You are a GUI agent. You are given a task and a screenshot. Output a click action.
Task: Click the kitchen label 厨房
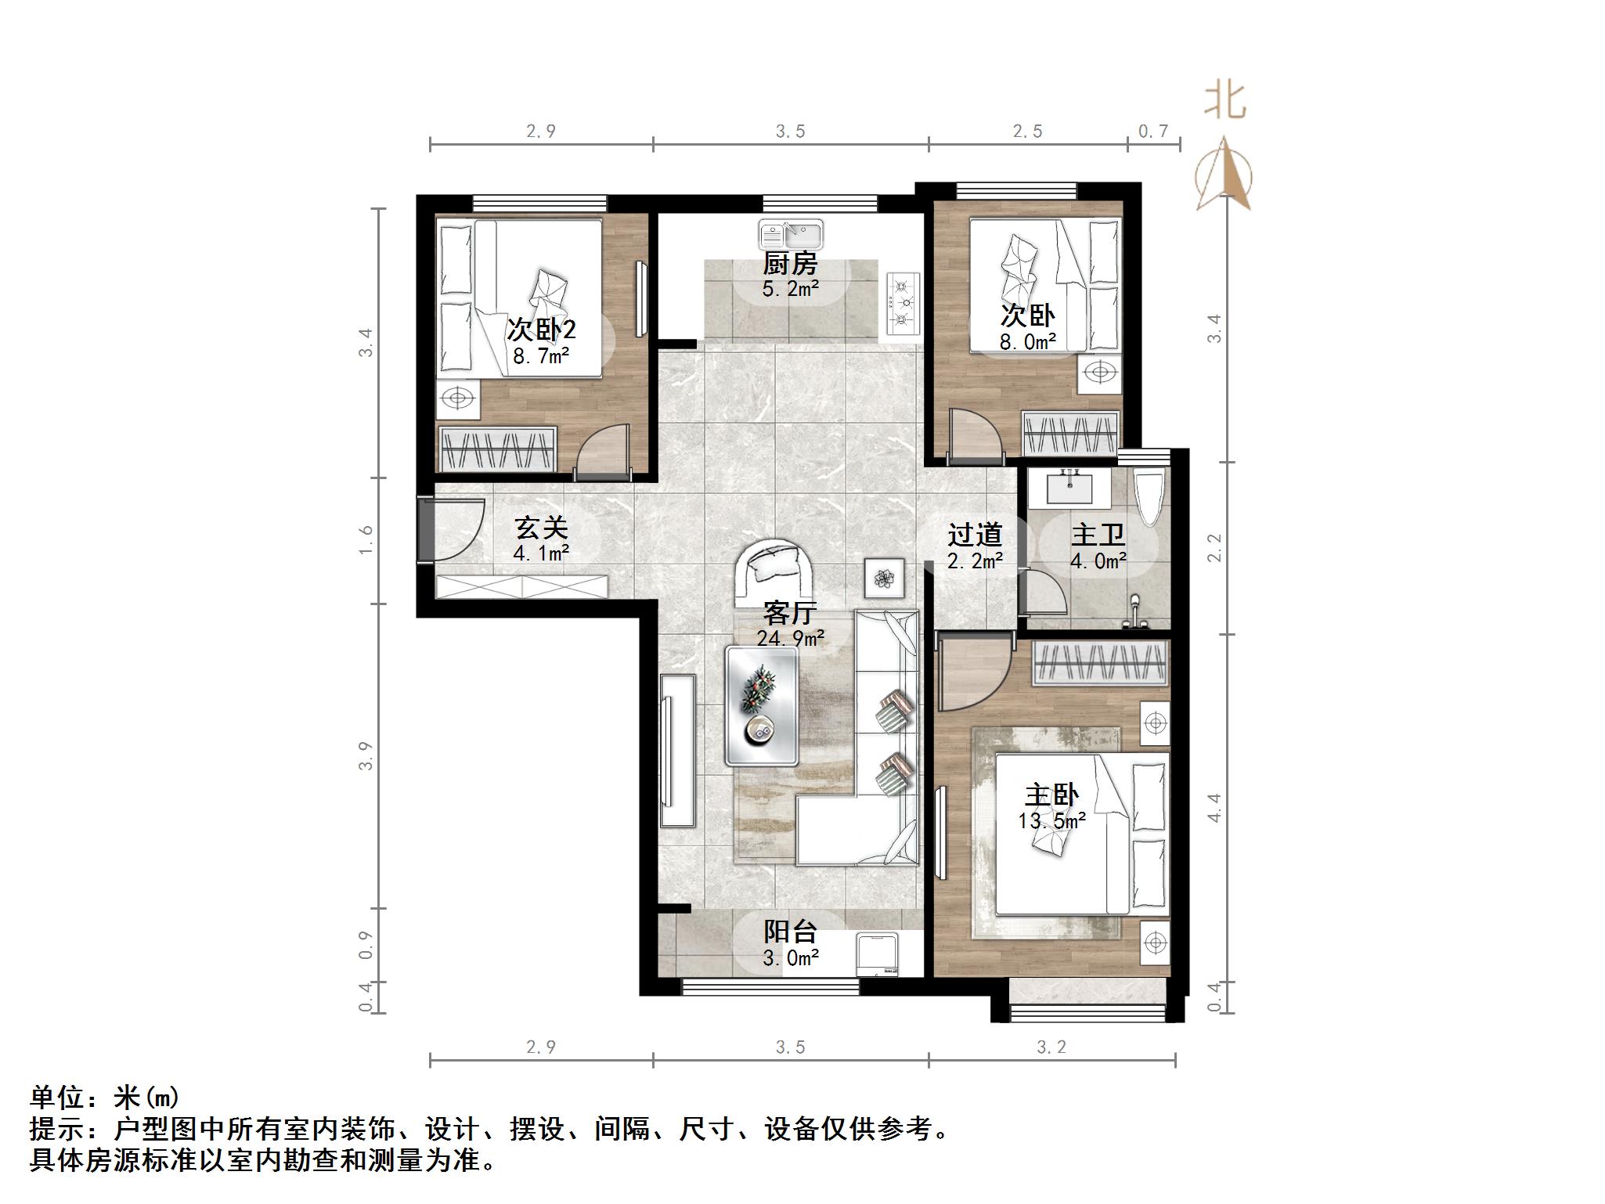790,263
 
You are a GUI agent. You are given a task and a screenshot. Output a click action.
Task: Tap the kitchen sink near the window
791,233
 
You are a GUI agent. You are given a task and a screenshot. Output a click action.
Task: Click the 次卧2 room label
541,329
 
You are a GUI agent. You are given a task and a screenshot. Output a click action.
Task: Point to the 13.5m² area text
1051,821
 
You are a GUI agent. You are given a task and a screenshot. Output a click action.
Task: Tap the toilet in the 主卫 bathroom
1149,495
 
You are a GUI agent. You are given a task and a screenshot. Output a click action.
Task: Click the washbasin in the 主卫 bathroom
1068,487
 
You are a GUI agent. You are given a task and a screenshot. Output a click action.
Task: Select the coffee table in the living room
762,705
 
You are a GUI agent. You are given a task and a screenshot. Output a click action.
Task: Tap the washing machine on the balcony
879,953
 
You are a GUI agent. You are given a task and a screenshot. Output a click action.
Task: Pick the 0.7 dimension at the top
1152,131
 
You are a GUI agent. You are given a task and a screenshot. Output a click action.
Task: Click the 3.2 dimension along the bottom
1051,1047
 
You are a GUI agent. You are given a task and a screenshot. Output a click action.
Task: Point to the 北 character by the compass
1224,102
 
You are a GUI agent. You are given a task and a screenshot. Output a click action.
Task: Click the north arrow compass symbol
1224,176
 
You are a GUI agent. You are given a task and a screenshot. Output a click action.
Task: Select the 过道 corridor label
975,535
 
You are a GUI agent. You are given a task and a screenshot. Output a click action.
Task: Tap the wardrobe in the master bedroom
1101,663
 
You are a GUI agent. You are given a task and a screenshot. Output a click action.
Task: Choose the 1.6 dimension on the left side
366,540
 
